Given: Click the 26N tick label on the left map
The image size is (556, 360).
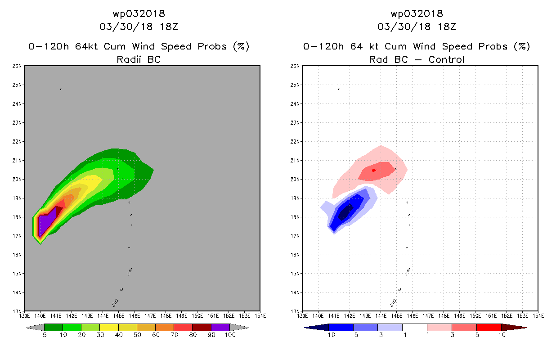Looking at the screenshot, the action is [17, 66].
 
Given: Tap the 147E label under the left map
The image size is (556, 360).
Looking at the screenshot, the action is [150, 316].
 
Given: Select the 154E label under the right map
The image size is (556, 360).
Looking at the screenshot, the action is [538, 316].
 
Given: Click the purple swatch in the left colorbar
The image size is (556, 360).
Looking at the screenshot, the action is [220, 327].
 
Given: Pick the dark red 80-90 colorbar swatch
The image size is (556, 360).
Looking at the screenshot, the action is [202, 327].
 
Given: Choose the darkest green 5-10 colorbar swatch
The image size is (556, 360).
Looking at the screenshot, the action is [54, 327].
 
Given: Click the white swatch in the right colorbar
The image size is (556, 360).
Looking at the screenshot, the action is [415, 327].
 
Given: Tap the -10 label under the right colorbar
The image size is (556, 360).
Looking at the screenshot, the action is [329, 335].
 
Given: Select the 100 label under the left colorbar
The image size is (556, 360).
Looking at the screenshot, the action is [230, 335].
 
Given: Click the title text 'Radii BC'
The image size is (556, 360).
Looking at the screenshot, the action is [139, 59].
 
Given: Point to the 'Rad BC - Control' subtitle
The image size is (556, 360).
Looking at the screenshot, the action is [417, 59].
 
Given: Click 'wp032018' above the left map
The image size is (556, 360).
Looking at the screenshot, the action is [139, 13].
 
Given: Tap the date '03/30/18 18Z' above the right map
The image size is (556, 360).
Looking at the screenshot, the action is [417, 27].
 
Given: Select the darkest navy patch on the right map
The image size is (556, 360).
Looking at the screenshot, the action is [345, 212].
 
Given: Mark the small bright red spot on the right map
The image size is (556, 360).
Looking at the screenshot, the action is [374, 170].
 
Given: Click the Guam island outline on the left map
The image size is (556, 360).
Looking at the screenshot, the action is [115, 303].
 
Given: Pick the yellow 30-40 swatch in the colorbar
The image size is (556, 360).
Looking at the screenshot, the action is [109, 327].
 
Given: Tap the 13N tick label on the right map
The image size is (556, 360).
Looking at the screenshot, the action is [295, 311].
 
